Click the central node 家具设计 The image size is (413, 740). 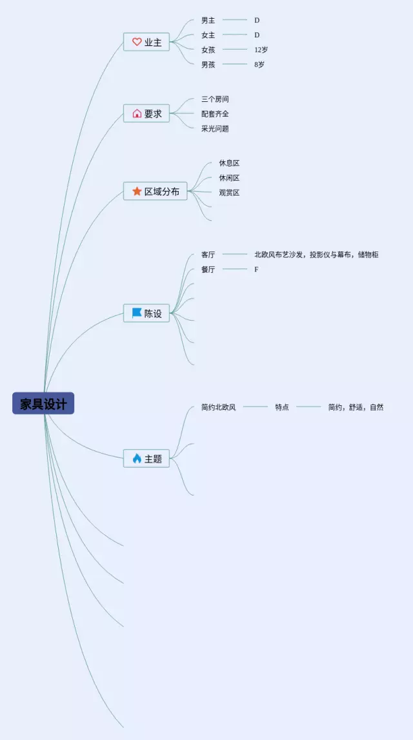43,404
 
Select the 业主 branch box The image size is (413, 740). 146,42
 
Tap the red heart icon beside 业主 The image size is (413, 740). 137,42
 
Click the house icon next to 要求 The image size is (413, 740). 137,114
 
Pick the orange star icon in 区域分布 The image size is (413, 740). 137,192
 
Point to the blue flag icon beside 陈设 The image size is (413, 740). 137,313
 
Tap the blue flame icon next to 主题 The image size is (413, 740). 137,459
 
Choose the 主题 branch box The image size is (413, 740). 146,459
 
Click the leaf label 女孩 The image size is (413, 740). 208,50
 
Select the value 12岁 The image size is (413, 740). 261,50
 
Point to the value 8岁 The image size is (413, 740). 259,65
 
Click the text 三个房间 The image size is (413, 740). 215,99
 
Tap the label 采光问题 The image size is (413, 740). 215,128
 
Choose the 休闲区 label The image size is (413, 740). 229,178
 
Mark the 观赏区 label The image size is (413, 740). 229,192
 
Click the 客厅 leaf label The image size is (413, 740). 208,255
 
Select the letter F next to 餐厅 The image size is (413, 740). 256,270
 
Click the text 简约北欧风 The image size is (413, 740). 218,407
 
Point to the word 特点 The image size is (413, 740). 282,407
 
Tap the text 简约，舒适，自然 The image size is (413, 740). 356,407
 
